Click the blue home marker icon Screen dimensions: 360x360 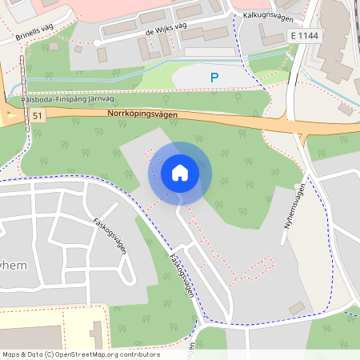180,173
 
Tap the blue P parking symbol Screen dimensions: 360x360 214,78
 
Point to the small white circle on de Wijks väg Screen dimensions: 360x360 97,42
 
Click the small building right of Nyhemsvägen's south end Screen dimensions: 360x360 298,307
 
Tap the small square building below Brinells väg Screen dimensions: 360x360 78,49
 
